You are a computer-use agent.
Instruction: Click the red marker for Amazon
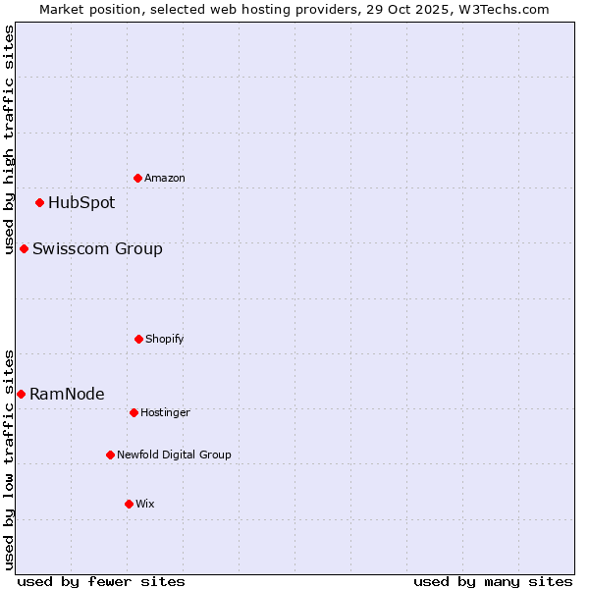coord(137,178)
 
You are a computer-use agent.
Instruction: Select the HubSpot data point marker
coord(39,203)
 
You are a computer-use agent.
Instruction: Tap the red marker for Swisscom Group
coord(24,248)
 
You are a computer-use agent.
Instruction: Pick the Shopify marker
coord(138,339)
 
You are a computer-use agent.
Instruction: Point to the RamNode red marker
coord(21,394)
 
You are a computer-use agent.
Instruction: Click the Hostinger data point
coord(134,412)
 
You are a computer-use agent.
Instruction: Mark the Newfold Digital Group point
coord(110,455)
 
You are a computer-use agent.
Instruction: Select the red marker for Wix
coord(129,504)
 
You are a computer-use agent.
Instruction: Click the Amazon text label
coord(165,178)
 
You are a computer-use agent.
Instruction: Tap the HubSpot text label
coord(81,203)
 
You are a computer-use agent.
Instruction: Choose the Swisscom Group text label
coord(97,248)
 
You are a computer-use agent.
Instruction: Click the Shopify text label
coord(165,339)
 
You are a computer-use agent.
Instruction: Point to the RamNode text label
coord(67,394)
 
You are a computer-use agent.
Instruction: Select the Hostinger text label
coord(165,412)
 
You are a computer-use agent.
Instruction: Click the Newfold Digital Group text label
coord(174,455)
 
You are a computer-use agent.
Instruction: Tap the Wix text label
coord(145,504)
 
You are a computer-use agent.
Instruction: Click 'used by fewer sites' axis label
coord(101,581)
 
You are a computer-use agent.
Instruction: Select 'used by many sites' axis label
coord(493,581)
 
